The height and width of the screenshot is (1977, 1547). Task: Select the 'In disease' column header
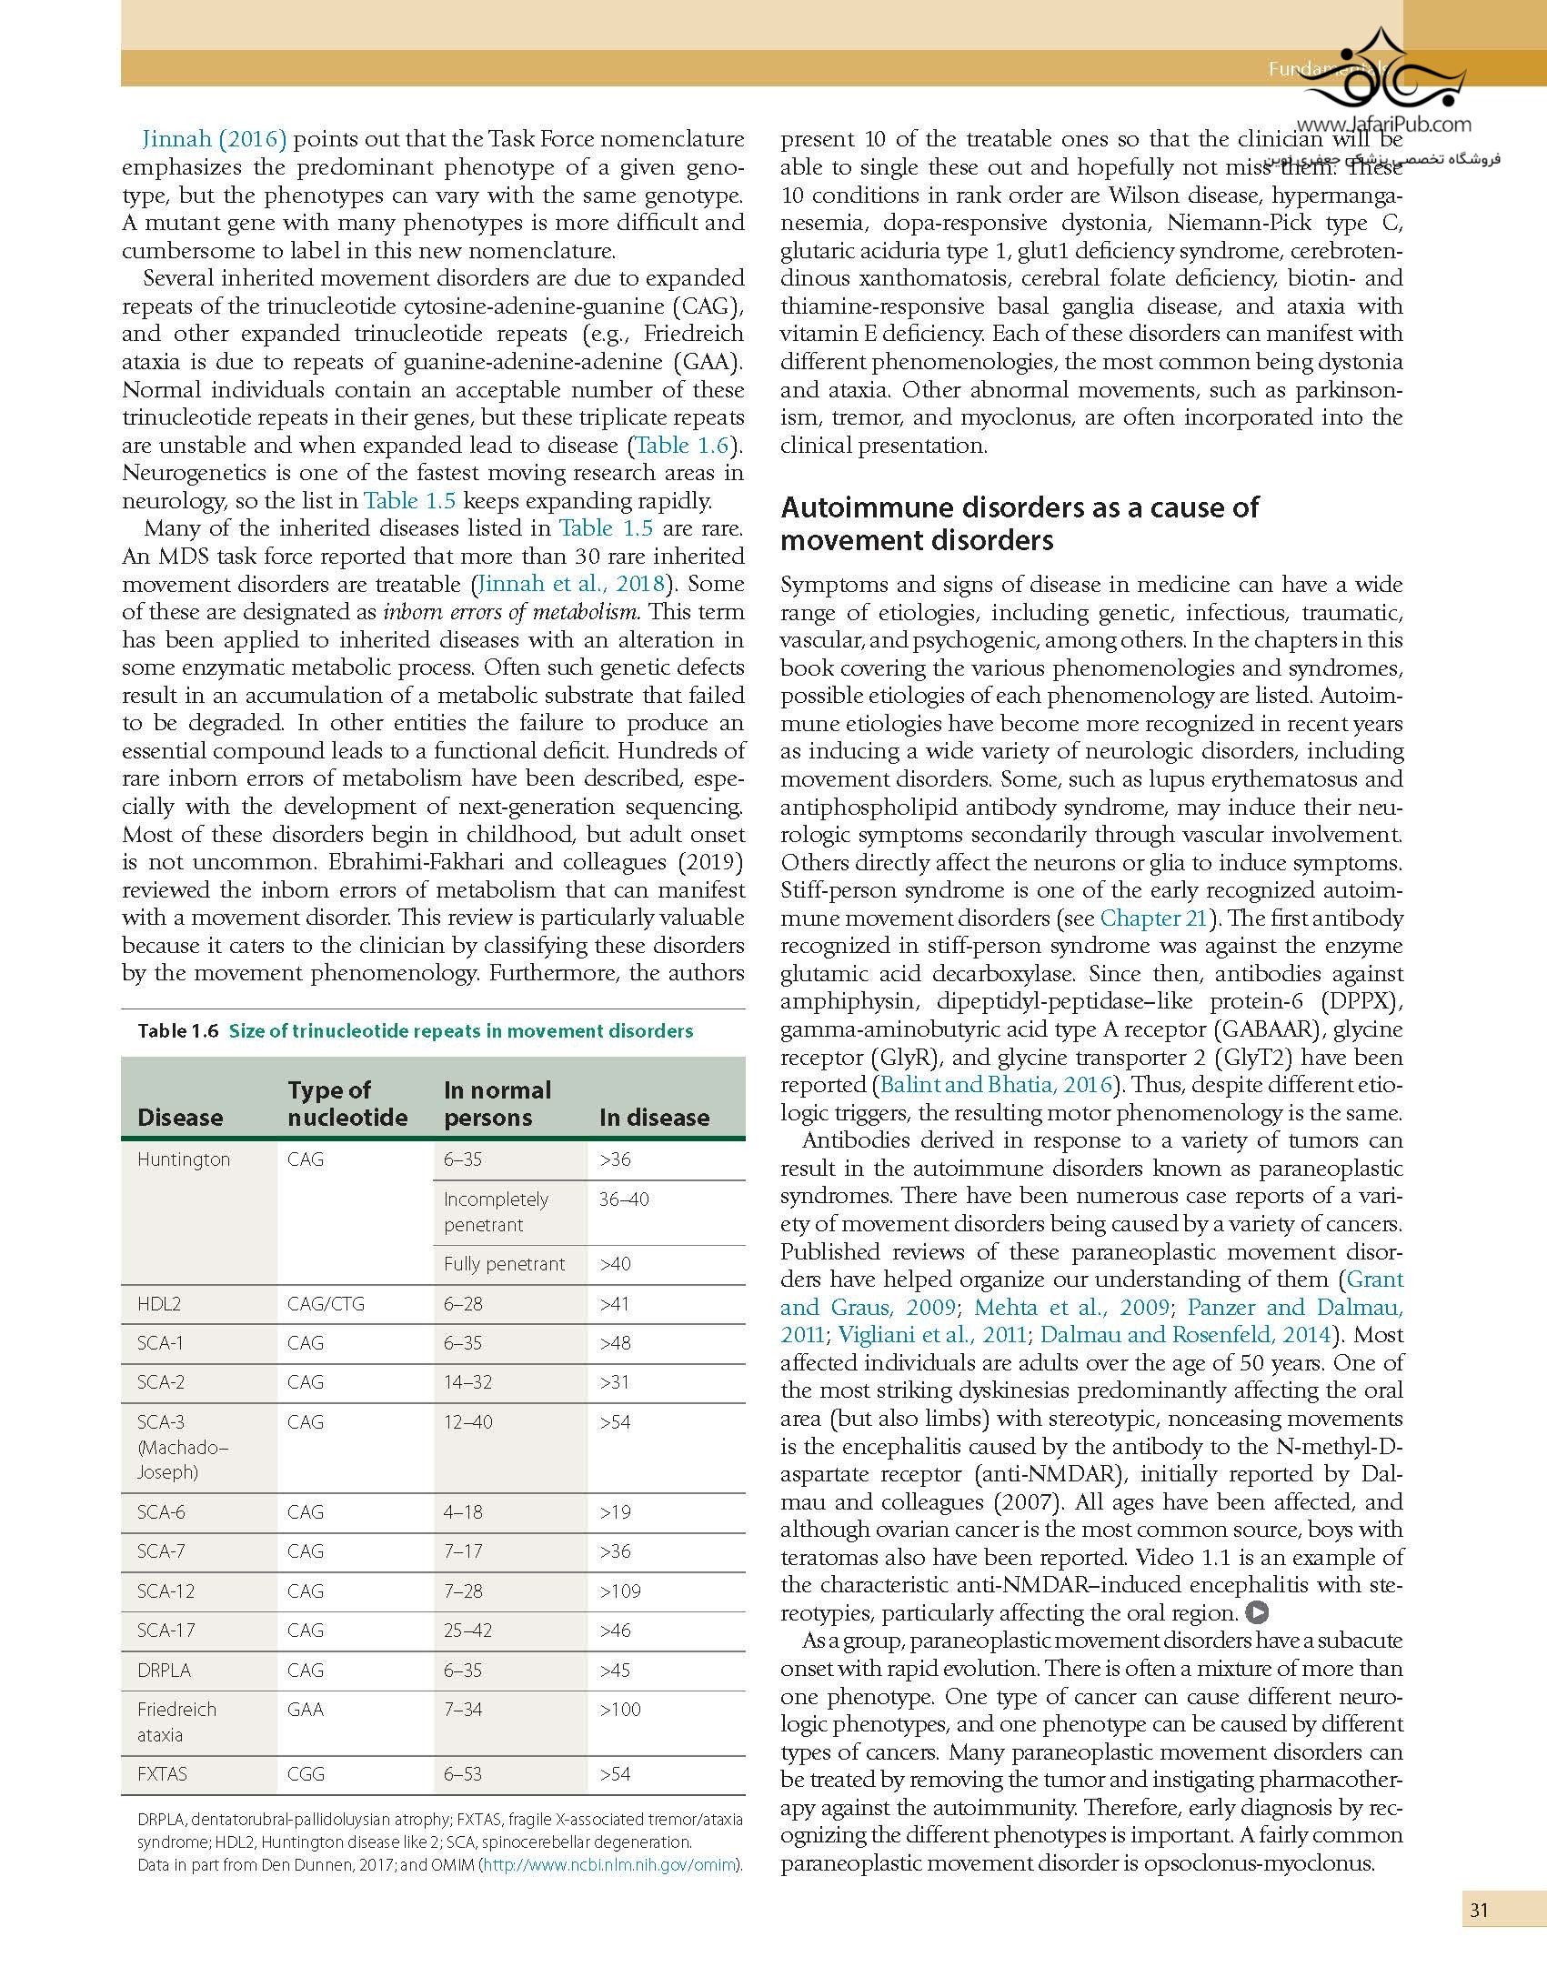coord(654,1117)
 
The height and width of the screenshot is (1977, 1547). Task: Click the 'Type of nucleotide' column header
coord(347,1103)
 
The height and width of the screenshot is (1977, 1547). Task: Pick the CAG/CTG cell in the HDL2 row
coord(326,1304)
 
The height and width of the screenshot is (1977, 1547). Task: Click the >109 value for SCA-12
coord(619,1591)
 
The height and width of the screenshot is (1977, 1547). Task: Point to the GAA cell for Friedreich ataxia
coord(306,1710)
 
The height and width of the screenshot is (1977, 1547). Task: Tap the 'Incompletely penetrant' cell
coord(496,1212)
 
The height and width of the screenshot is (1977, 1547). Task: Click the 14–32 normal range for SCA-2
coord(467,1382)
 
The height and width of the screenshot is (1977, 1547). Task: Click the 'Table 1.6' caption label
coord(178,1030)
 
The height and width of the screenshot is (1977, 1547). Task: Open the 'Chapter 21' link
coord(1153,918)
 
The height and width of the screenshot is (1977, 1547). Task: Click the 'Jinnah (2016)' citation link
coord(215,139)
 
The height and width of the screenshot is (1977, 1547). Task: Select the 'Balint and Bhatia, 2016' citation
coord(997,1085)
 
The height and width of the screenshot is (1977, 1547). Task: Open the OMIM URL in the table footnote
coord(609,1865)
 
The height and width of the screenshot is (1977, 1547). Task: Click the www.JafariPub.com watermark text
coord(1383,125)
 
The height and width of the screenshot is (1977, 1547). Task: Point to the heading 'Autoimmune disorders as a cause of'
coord(1020,507)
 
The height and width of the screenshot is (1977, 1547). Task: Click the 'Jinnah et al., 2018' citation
coord(572,584)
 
